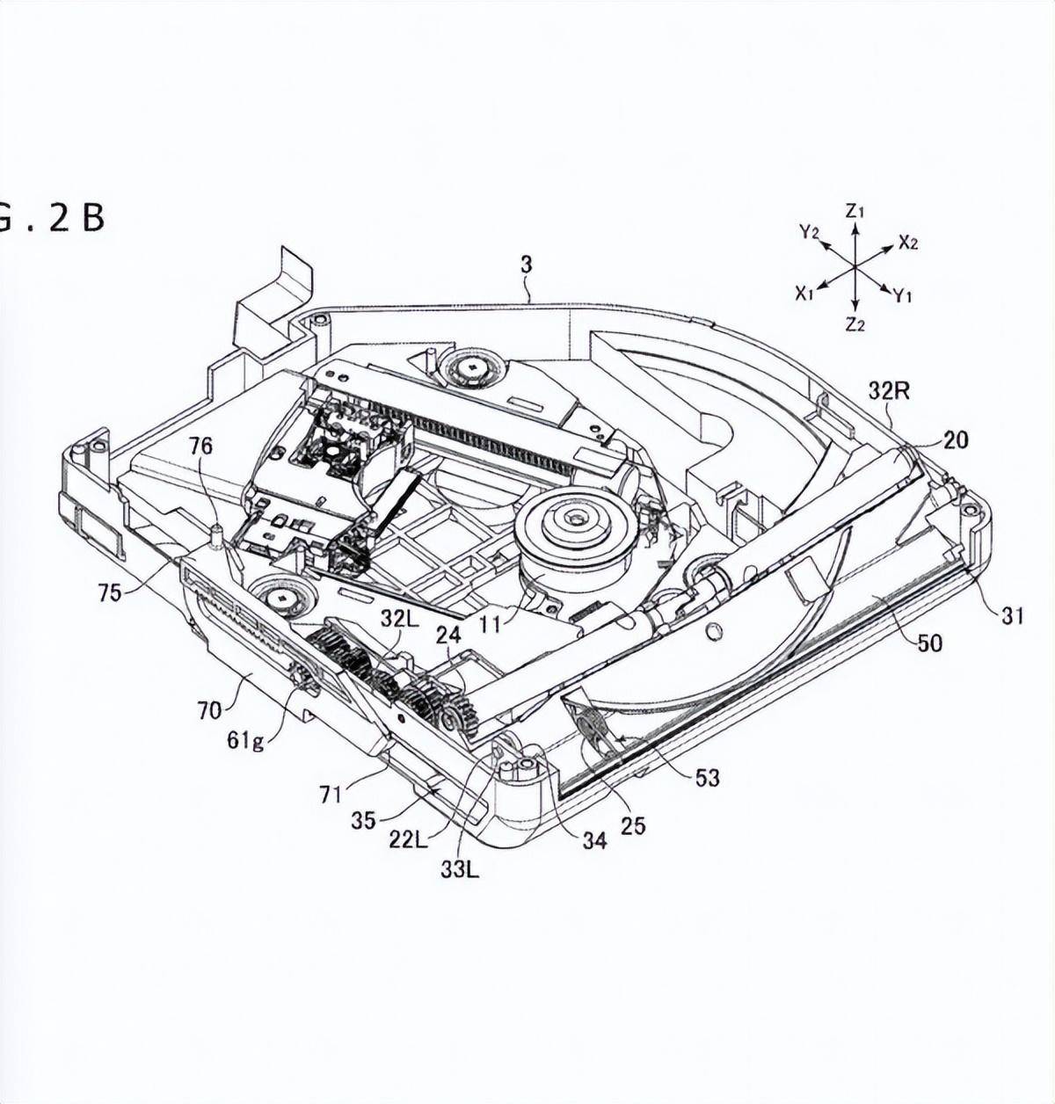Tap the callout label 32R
click(x=890, y=391)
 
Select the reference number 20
click(x=956, y=439)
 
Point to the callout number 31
click(x=1011, y=615)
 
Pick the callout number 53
click(x=707, y=778)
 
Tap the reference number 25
click(x=633, y=826)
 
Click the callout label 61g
click(x=246, y=740)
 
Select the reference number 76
click(x=200, y=447)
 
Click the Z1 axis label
click(x=855, y=212)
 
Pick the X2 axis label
click(x=908, y=243)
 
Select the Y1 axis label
click(x=902, y=295)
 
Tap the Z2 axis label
click(x=855, y=324)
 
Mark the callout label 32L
click(x=398, y=620)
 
